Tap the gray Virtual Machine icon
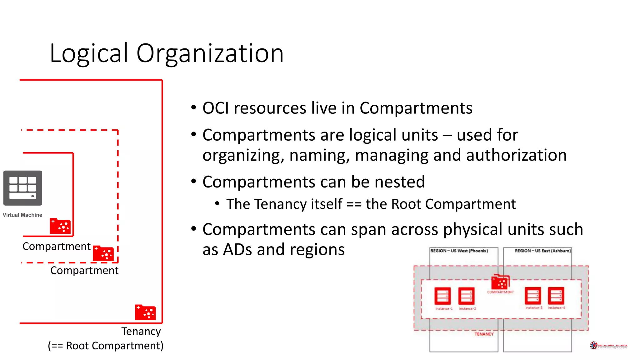(x=23, y=188)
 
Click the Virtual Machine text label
(x=22, y=215)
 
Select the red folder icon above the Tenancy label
(x=145, y=312)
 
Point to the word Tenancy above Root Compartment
(x=141, y=331)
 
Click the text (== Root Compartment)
(x=106, y=346)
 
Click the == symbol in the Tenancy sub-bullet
(x=354, y=204)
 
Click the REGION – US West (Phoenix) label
(x=459, y=251)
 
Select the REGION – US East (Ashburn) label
(x=543, y=251)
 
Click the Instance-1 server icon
(x=442, y=296)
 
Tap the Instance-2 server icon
(x=466, y=296)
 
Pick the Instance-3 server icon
(x=533, y=295)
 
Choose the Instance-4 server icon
(x=556, y=295)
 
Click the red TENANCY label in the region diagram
(x=484, y=334)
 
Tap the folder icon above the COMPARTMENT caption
(x=500, y=282)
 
